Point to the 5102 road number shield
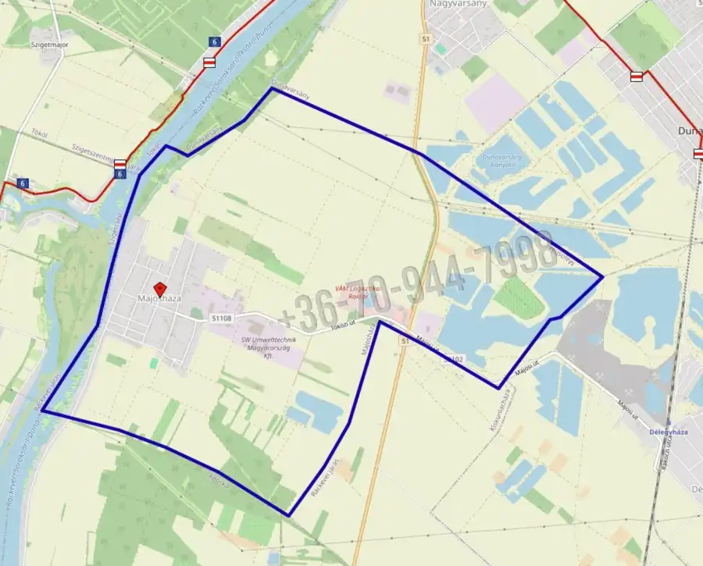(x=453, y=358)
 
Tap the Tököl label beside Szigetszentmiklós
(x=38, y=133)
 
